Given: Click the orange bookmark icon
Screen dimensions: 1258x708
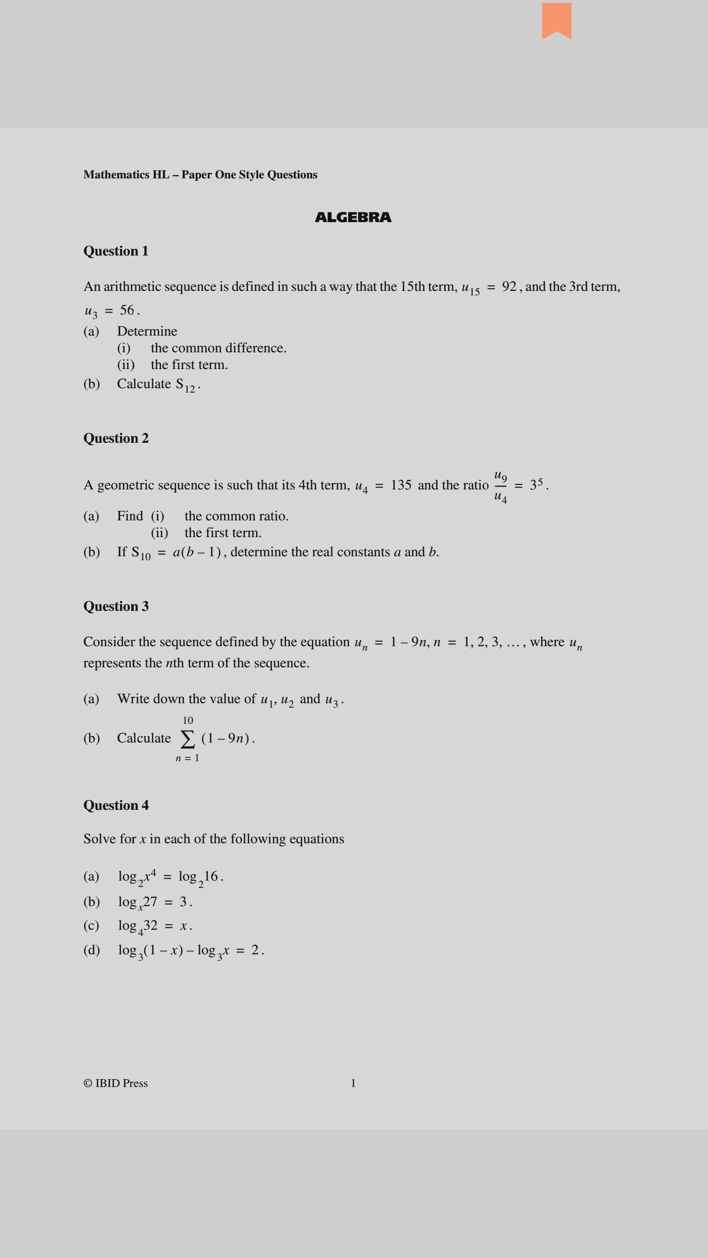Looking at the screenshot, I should click(557, 20).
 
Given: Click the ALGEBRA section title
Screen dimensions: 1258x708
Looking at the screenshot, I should click(353, 217).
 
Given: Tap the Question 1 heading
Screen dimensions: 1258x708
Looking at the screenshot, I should click(116, 251).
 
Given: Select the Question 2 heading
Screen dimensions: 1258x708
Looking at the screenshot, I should click(116, 438).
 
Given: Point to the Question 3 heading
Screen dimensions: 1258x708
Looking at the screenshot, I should click(116, 606).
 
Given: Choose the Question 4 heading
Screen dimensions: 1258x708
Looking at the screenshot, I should click(116, 805).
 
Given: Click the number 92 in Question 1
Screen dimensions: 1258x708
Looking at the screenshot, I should click(509, 286).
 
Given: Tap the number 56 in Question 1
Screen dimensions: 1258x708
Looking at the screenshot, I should click(127, 310).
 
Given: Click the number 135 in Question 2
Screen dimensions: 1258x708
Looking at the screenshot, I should click(401, 485).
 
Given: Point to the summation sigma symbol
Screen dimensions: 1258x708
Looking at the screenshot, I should click(187, 739).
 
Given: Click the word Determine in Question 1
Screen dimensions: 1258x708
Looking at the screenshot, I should click(147, 331).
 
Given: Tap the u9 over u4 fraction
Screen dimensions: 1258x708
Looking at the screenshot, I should click(501, 486).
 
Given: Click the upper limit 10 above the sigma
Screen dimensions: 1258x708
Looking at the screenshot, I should click(188, 720).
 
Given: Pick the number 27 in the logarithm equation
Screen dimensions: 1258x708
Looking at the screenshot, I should click(150, 902).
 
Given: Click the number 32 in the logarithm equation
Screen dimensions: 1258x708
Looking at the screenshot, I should click(150, 925).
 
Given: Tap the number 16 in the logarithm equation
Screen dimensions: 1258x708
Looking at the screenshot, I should click(211, 876).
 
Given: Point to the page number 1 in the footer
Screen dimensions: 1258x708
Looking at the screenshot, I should click(353, 1083).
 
